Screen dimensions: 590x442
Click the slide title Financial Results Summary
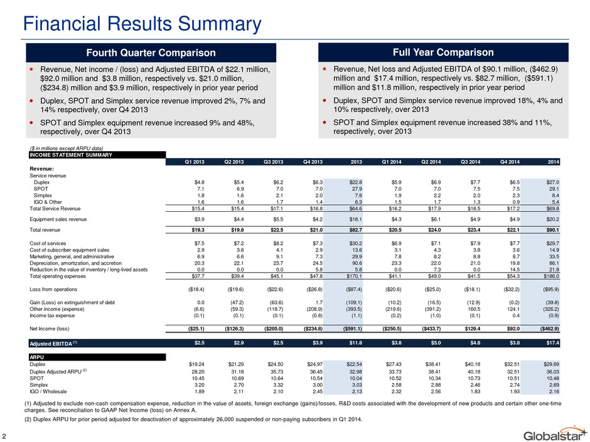tap(142, 24)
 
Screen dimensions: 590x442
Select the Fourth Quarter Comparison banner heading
tap(151, 53)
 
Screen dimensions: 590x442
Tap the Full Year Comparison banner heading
tap(443, 52)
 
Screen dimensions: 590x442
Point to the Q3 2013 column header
tap(273, 162)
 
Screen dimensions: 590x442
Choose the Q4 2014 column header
tap(510, 162)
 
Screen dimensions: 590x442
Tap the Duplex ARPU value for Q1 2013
tap(196, 364)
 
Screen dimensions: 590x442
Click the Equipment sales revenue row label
tap(58, 219)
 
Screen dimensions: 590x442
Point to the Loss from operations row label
tap(53, 290)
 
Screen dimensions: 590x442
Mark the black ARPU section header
tap(97, 357)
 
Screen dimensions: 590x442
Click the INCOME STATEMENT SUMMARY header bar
tap(97, 155)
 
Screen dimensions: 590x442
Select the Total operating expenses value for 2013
tap(354, 276)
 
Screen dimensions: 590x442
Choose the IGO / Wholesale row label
tap(48, 392)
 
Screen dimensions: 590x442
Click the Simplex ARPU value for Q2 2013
tap(238, 385)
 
